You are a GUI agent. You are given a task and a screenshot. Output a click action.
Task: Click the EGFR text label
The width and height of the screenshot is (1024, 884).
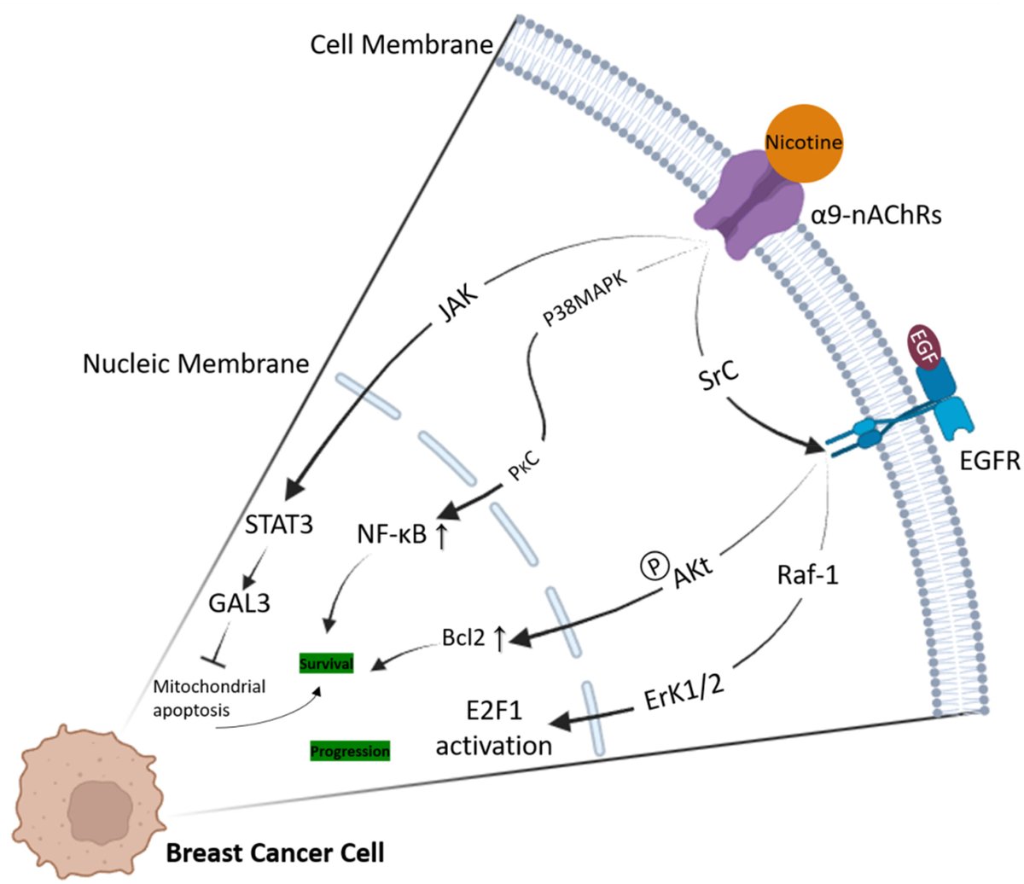(x=990, y=461)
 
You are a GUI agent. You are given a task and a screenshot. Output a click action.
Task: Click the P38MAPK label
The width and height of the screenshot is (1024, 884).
(x=585, y=302)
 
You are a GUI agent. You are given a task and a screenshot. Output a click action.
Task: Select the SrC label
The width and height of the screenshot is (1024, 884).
(x=719, y=372)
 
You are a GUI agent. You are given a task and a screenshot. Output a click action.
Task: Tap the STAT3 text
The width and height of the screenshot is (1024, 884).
(x=278, y=524)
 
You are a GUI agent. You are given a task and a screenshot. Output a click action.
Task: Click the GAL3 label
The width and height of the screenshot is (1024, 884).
(x=239, y=602)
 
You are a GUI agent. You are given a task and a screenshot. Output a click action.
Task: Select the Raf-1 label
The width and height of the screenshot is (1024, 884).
(x=807, y=574)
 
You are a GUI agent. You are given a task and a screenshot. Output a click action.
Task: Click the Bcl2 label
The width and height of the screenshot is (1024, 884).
(x=463, y=637)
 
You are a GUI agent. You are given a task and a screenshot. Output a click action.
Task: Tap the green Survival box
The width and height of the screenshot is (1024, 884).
(x=326, y=663)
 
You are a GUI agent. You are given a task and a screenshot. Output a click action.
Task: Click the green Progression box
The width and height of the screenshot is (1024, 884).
(x=350, y=751)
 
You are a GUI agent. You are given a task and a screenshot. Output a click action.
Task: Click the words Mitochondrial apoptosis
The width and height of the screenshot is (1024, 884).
(x=209, y=697)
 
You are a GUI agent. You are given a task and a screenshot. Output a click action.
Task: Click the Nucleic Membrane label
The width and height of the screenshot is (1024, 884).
(x=195, y=364)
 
